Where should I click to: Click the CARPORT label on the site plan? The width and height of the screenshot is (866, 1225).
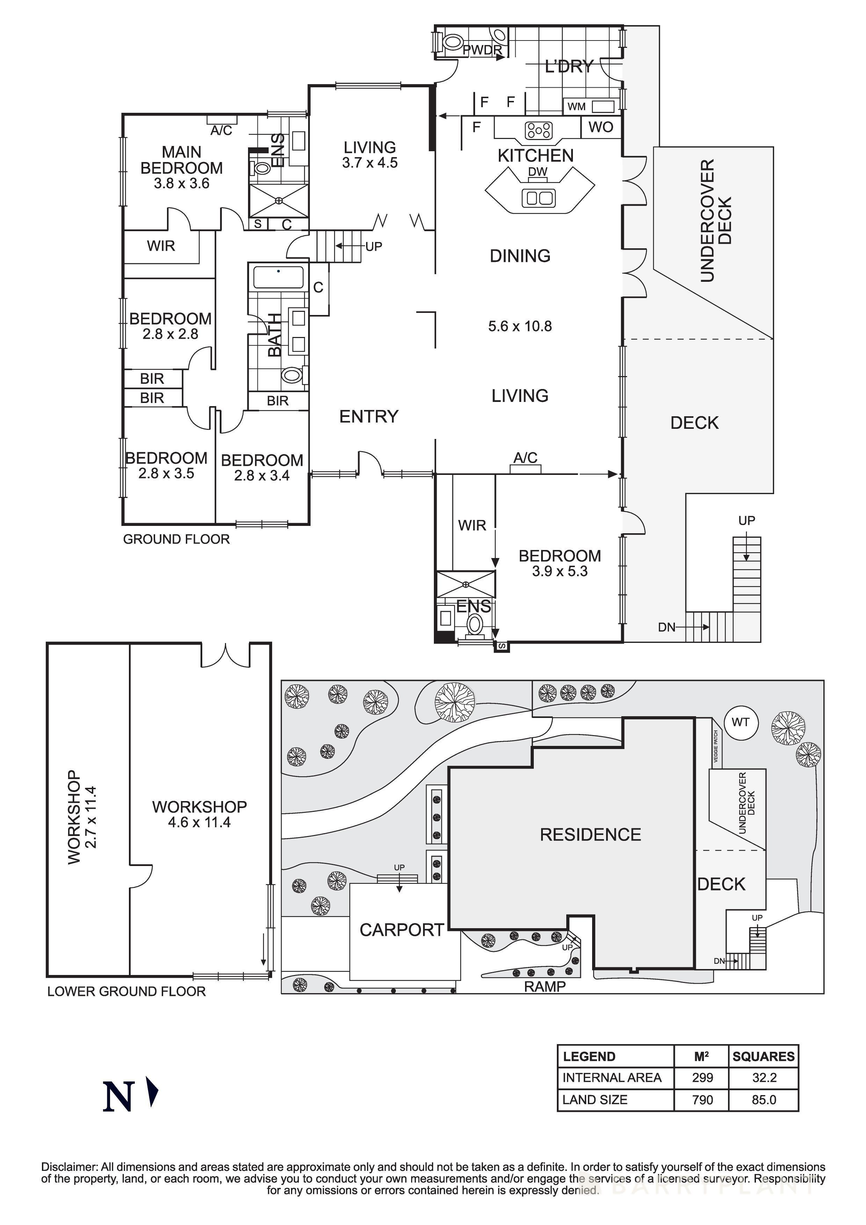pos(401,930)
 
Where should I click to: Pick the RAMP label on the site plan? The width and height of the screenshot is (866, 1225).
pos(544,986)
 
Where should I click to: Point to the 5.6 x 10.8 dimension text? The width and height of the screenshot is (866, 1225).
pos(520,326)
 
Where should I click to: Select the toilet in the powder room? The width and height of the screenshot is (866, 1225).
pos(452,42)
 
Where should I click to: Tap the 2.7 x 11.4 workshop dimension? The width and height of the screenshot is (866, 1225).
pos(91,817)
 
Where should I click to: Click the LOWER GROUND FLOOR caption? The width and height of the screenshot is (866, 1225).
pos(126,991)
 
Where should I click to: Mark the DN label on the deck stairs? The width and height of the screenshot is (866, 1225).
pos(667,628)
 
